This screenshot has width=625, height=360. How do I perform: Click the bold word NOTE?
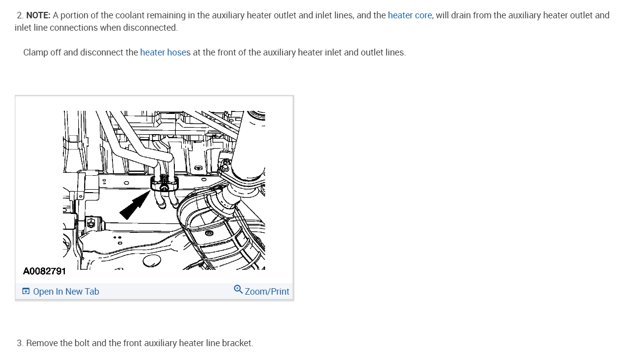(x=38, y=15)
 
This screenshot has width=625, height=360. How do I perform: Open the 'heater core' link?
(x=410, y=15)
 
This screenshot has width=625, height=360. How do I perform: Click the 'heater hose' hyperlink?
(x=163, y=52)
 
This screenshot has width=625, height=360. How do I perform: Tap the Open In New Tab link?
(x=66, y=292)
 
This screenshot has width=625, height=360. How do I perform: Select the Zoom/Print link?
(x=267, y=292)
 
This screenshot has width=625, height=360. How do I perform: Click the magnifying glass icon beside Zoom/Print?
(x=238, y=290)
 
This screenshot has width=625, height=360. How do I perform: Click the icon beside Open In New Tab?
(x=26, y=291)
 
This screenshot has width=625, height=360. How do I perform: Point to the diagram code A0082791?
(x=45, y=271)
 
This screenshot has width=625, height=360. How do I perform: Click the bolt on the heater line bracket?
(x=164, y=188)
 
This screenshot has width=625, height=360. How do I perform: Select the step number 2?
(x=20, y=15)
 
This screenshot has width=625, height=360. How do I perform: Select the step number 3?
(x=20, y=343)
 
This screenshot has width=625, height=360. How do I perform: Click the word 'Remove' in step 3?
(x=41, y=343)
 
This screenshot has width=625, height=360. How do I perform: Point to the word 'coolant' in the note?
(x=117, y=15)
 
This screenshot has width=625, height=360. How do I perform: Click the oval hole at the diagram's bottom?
(x=152, y=261)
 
